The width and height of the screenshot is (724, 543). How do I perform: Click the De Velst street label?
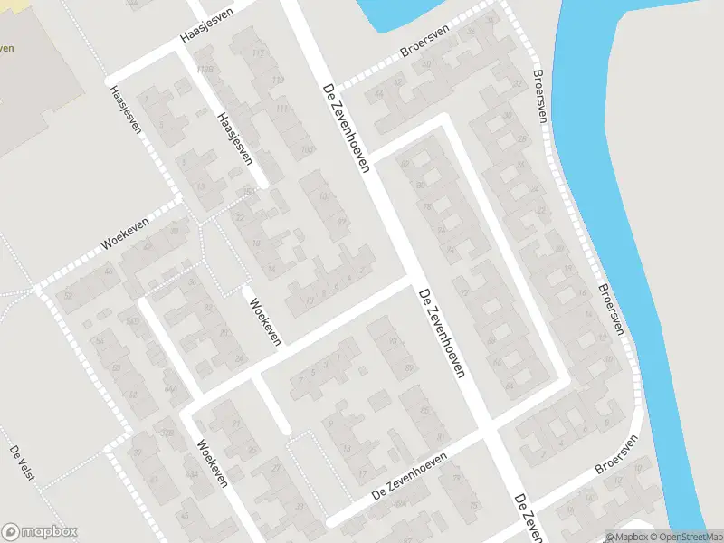pos(22,464)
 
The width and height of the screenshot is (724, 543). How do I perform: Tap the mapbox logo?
pos(40,532)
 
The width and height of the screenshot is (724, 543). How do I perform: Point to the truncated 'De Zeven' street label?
pos(528,518)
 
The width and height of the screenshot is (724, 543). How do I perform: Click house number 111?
pos(282,109)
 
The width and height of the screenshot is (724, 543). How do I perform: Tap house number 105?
pos(307,149)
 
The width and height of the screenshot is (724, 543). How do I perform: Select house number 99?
pos(342,222)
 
